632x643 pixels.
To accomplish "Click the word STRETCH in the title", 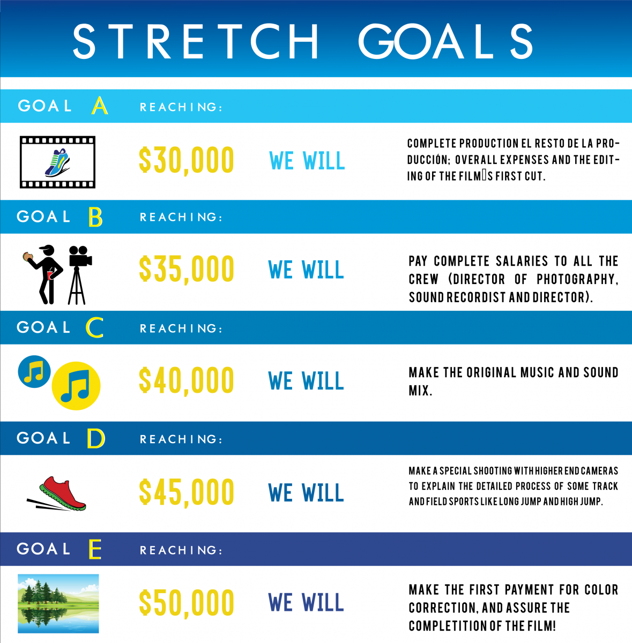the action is click(x=195, y=41).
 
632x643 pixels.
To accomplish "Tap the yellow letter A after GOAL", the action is click(x=100, y=106).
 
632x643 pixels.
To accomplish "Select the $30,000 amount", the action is click(x=187, y=160).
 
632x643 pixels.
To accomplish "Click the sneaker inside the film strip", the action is click(x=57, y=162).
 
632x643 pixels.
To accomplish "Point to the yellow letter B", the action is click(x=95, y=217).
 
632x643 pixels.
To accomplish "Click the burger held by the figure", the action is click(x=28, y=257).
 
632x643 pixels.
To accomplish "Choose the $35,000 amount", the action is click(x=187, y=270).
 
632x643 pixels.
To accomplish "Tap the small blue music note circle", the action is click(x=34, y=372).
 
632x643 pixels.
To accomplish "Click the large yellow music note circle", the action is click(x=76, y=386).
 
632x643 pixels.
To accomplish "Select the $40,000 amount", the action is click(x=187, y=380).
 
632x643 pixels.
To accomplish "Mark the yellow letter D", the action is click(x=96, y=438).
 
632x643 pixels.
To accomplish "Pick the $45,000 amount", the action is click(x=187, y=492).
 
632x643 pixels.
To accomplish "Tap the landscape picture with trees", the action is click(x=58, y=604).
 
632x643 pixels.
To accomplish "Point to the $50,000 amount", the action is click(x=187, y=602).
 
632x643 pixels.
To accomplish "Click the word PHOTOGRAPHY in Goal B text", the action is click(x=577, y=280).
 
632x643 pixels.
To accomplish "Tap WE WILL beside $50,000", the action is click(x=306, y=602).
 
